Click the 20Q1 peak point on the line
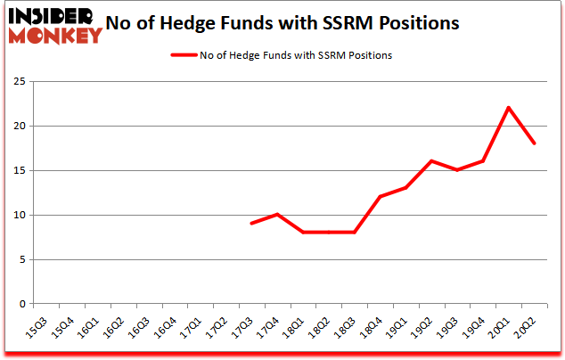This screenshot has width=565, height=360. tap(508, 108)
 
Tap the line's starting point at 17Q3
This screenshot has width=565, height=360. tap(251, 224)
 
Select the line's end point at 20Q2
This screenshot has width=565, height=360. tap(534, 143)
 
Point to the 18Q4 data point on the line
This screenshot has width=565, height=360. tap(380, 197)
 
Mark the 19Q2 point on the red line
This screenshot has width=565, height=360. tap(431, 161)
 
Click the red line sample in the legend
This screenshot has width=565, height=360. tap(183, 55)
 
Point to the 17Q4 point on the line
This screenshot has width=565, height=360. tap(277, 215)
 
